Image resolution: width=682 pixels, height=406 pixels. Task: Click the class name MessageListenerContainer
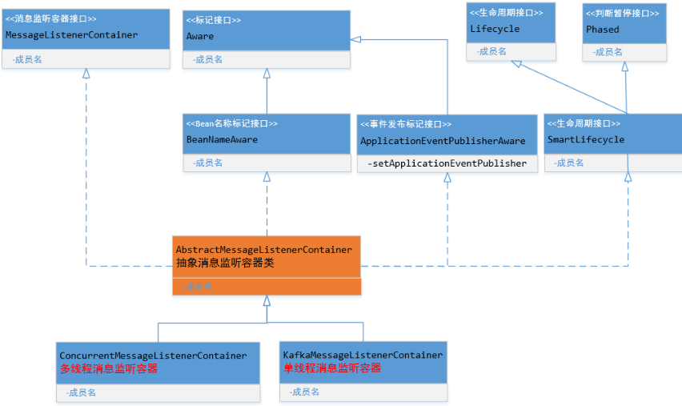(x=71, y=35)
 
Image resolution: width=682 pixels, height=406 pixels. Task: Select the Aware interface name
(x=200, y=37)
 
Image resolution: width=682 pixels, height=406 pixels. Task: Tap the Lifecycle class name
(x=494, y=29)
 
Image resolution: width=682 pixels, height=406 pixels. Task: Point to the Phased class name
(x=602, y=30)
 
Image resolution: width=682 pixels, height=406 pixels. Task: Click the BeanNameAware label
(x=222, y=140)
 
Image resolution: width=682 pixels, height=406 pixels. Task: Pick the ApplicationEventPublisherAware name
(x=443, y=141)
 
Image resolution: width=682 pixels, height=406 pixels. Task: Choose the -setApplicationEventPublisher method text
(x=447, y=163)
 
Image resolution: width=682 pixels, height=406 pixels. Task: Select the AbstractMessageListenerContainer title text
(x=263, y=250)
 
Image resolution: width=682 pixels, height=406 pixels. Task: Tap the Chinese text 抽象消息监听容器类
(x=225, y=263)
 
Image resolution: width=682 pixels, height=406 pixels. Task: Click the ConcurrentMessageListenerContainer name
(x=153, y=356)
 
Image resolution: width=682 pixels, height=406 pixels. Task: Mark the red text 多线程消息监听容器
(x=109, y=369)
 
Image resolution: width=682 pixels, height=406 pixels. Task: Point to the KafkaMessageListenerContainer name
(x=363, y=355)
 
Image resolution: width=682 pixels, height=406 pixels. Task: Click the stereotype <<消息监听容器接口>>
(x=51, y=18)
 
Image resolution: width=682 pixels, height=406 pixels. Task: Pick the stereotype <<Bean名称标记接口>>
(x=231, y=124)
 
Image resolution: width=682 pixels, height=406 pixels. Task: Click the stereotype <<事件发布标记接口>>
(x=405, y=124)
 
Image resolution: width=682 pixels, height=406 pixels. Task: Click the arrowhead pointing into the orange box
(x=267, y=301)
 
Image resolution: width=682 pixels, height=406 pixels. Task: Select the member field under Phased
(x=608, y=51)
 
